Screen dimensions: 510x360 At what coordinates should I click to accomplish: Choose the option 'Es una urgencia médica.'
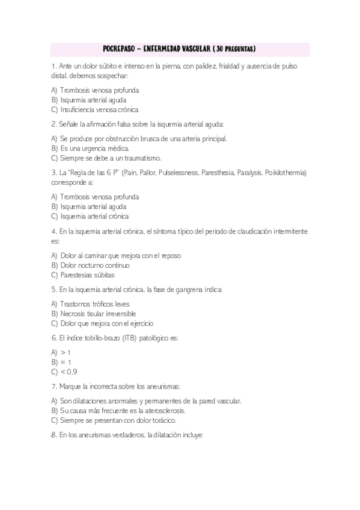(x=94, y=148)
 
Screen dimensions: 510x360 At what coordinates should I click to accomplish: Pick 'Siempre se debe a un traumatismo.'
(x=111, y=158)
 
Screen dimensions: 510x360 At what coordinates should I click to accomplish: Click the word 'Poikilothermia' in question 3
(x=288, y=173)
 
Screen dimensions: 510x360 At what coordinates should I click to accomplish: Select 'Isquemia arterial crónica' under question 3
(x=94, y=216)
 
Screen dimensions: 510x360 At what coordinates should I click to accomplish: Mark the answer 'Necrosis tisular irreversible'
(x=98, y=313)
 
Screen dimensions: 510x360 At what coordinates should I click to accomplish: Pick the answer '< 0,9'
(x=69, y=372)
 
